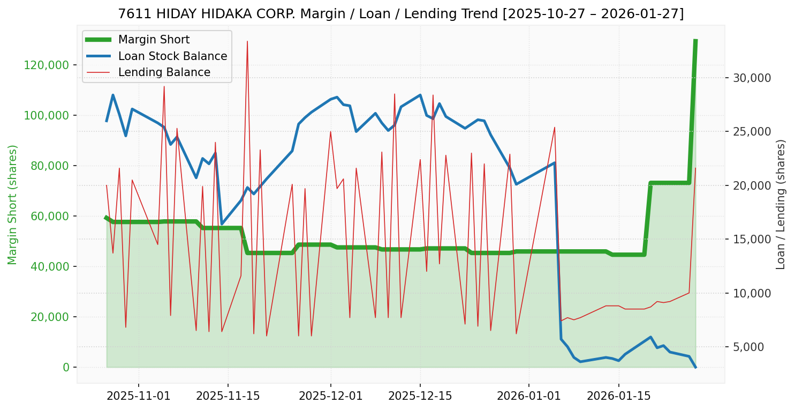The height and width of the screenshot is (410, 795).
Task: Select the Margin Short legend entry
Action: pyautogui.click(x=154, y=40)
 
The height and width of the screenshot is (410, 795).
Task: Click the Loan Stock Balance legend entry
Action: pyautogui.click(x=172, y=56)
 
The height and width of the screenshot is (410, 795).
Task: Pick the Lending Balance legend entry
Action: pyautogui.click(x=164, y=72)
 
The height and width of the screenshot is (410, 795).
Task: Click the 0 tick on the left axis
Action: pyautogui.click(x=66, y=367)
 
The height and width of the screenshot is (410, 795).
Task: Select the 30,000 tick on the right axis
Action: pyautogui.click(x=752, y=78)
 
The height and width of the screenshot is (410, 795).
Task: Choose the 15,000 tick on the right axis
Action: pyautogui.click(x=752, y=240)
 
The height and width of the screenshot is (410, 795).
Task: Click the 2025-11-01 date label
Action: pyautogui.click(x=139, y=397)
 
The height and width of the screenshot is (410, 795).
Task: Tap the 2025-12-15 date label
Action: pyautogui.click(x=420, y=397)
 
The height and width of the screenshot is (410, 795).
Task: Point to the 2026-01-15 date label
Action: pyautogui.click(x=619, y=397)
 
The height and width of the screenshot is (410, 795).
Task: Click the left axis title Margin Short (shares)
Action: pyautogui.click(x=12, y=204)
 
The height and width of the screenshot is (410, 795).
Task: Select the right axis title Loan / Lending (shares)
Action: pyautogui.click(x=781, y=204)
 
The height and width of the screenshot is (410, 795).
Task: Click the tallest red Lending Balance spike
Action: pyautogui.click(x=247, y=41)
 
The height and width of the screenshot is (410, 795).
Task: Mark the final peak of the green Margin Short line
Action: pyautogui.click(x=695, y=40)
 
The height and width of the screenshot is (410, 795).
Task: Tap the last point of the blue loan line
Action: pyautogui.click(x=695, y=367)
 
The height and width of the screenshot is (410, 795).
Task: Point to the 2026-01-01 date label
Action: pyautogui.click(x=529, y=397)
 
